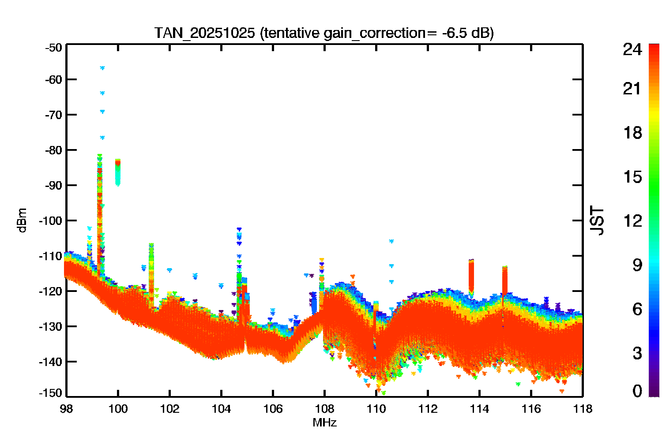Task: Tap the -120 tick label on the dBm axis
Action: [x=51, y=291]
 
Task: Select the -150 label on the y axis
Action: [x=51, y=393]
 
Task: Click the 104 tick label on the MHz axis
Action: [x=221, y=409]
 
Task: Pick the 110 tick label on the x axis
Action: [x=376, y=409]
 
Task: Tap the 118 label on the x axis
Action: [x=583, y=409]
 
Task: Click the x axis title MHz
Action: [x=324, y=422]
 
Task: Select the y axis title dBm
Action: [x=22, y=220]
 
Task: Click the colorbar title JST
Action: [x=597, y=220]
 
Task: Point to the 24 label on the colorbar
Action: [x=632, y=49]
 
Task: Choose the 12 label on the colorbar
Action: [x=633, y=220]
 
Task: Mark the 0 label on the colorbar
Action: [x=637, y=391]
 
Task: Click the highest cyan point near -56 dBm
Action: [x=102, y=68]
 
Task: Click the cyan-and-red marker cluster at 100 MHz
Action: [x=118, y=173]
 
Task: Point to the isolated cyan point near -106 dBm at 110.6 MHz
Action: [x=391, y=241]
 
